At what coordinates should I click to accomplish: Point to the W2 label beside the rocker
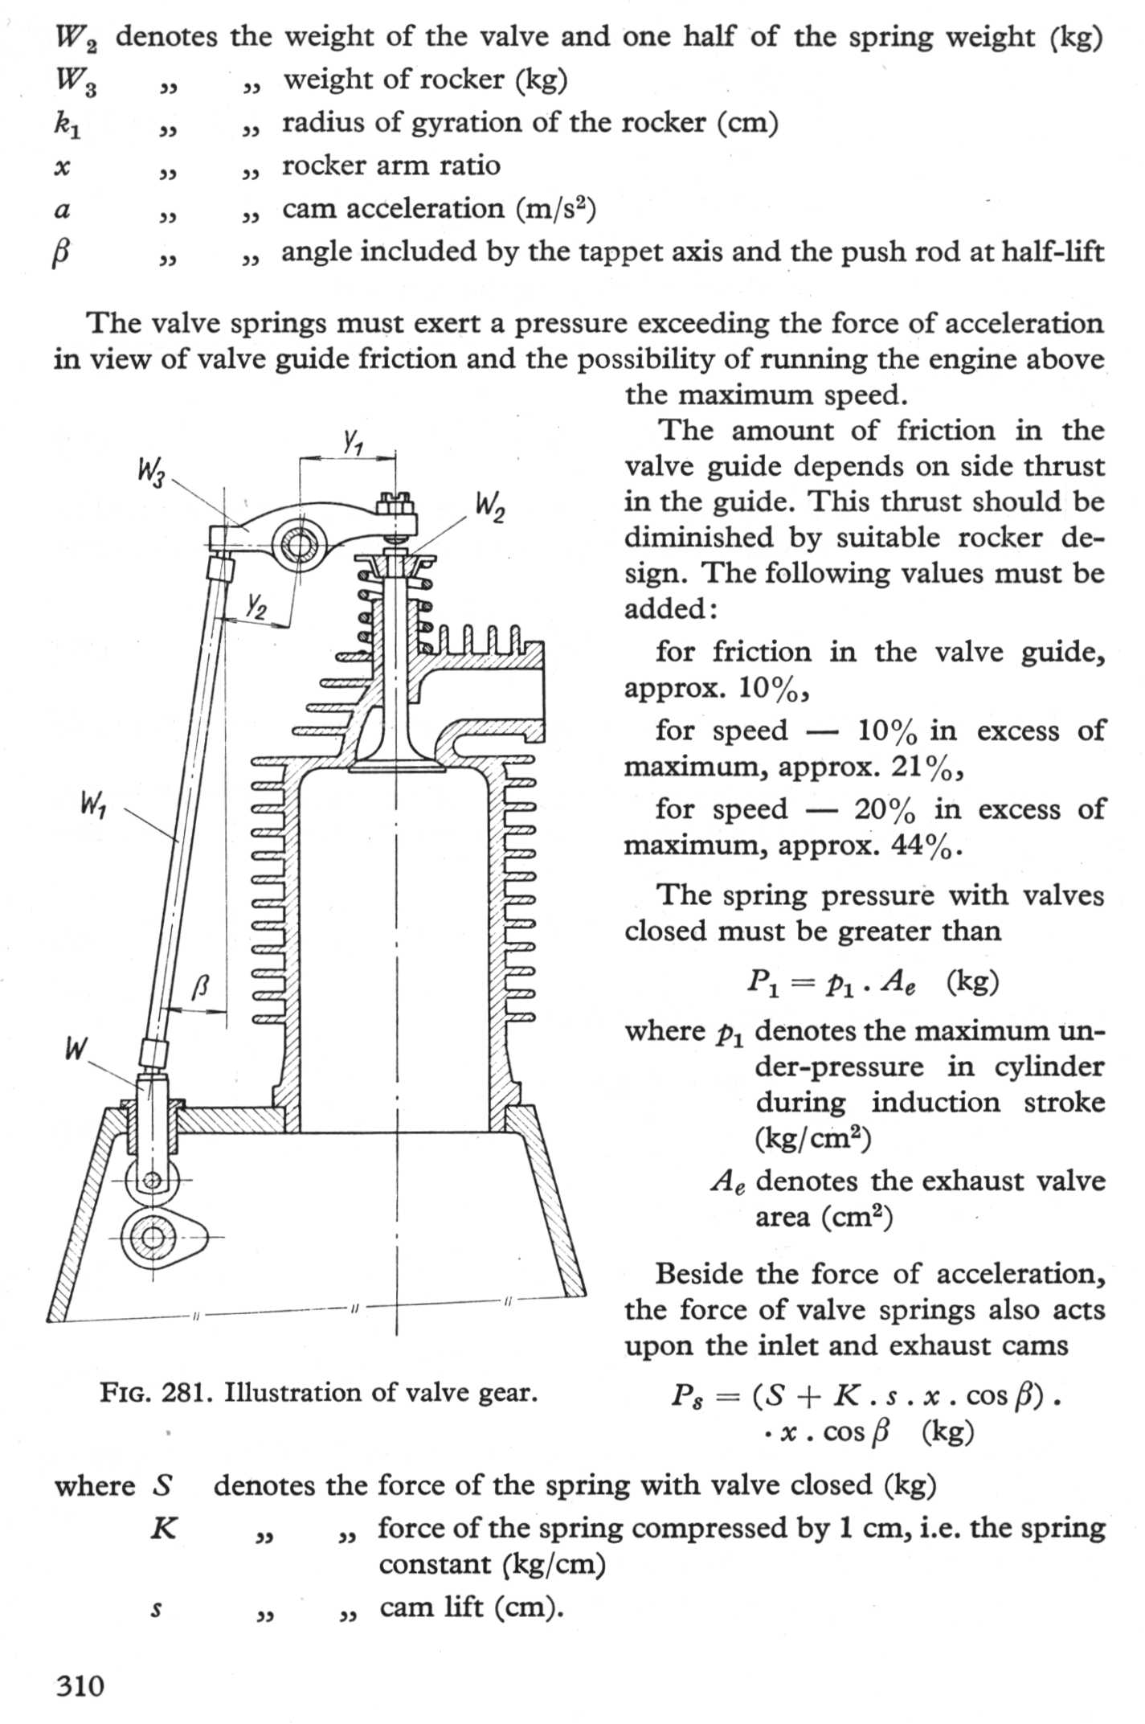(491, 507)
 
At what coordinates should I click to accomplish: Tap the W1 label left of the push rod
(94, 803)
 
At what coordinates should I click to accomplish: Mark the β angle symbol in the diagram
(201, 985)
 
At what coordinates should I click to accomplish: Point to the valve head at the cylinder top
(398, 764)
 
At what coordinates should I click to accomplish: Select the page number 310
(80, 1685)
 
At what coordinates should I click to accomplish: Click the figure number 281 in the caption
(186, 1392)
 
